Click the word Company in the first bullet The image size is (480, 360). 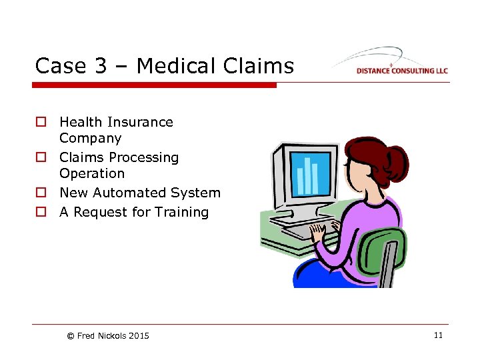pyautogui.click(x=90, y=139)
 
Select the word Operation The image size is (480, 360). pyautogui.click(x=91, y=174)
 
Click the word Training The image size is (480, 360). pyautogui.click(x=181, y=212)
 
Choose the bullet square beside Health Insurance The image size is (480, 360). pyautogui.click(x=41, y=123)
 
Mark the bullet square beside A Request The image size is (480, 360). pyautogui.click(x=41, y=213)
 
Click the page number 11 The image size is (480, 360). pyautogui.click(x=437, y=335)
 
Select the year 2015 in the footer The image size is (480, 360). pyautogui.click(x=140, y=336)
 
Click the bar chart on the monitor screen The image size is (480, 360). pyautogui.click(x=308, y=174)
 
